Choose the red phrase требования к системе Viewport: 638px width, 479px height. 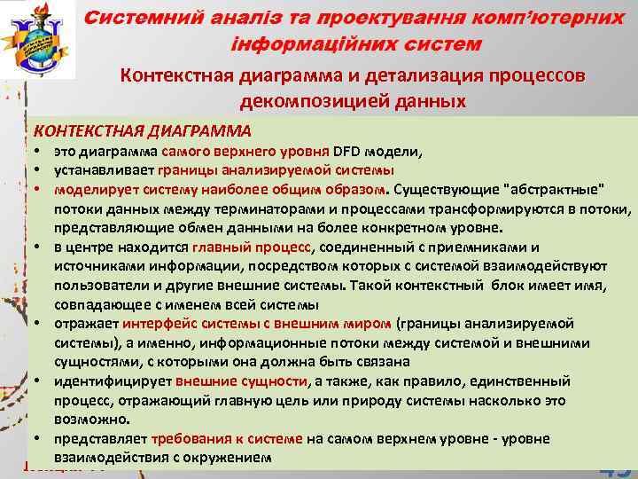click(x=228, y=439)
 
